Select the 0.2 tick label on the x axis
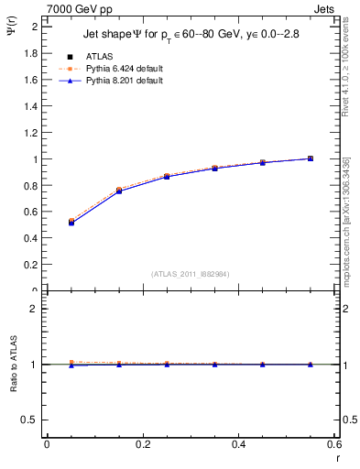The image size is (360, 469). click(142, 444)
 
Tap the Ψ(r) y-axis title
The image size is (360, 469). click(11, 30)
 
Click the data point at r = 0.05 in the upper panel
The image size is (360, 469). click(71, 222)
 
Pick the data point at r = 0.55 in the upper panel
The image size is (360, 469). click(311, 158)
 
